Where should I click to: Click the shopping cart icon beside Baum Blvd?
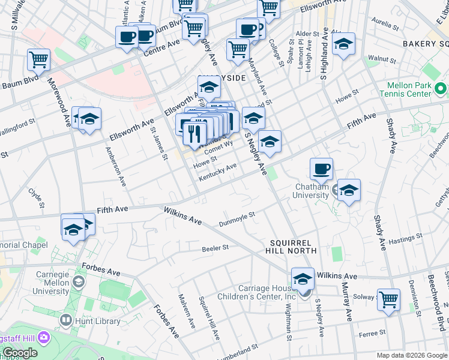coord(38,59)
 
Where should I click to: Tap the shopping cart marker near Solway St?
coord(388,298)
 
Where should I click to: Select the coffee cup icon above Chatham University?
coord(321,169)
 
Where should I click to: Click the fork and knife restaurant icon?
coord(194,133)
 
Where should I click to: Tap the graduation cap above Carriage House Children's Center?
coord(303,278)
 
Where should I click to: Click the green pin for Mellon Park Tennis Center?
coord(441,89)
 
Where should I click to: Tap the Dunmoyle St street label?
coord(237,218)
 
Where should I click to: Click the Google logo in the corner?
coord(20,353)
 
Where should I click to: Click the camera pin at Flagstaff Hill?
coord(43,337)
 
